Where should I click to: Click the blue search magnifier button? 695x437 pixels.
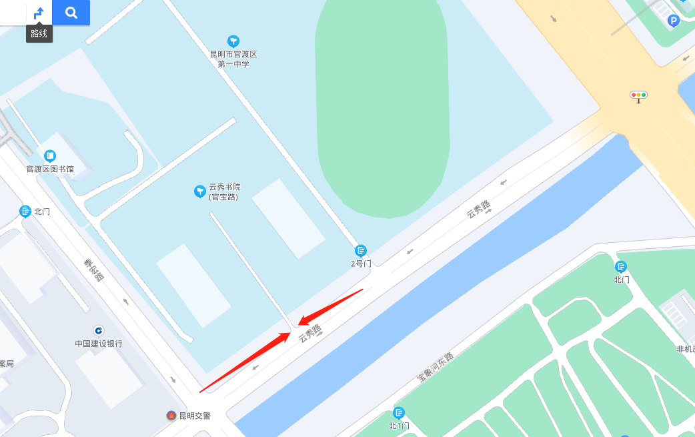(71, 13)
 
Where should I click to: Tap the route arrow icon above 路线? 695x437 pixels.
(39, 13)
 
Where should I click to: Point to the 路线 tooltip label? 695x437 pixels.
(39, 33)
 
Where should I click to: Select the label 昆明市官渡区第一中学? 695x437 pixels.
(233, 59)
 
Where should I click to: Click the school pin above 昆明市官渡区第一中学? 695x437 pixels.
(233, 41)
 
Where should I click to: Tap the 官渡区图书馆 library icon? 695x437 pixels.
(50, 156)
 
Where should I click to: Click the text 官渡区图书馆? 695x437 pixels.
(50, 169)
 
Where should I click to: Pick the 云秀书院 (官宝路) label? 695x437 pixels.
(225, 192)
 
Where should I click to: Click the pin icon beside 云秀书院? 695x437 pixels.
(199, 191)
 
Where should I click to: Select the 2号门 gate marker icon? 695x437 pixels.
(361, 251)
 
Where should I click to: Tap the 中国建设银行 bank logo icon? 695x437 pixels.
(99, 330)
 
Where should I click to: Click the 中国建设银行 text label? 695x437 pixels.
(99, 344)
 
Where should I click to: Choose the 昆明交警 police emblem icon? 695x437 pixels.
(171, 416)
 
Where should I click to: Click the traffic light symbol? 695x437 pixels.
(639, 95)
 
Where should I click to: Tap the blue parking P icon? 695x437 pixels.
(674, 21)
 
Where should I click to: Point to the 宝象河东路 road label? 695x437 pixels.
(435, 367)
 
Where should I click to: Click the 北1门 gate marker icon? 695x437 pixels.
(399, 413)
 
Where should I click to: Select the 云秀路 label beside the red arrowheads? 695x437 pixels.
(310, 333)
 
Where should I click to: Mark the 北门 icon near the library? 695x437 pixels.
(25, 211)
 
